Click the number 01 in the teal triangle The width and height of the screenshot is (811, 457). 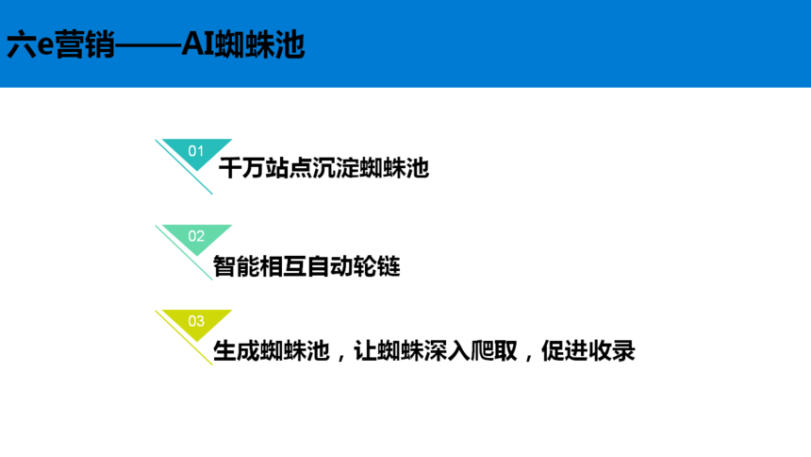pos(196,151)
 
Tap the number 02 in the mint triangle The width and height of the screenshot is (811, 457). pos(196,236)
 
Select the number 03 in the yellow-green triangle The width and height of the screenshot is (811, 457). pos(196,321)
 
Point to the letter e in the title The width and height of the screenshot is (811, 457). pos(45,45)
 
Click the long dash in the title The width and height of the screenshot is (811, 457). pos(148,45)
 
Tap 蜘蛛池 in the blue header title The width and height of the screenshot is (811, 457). pos(259,44)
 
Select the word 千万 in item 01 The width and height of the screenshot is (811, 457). pos(241,168)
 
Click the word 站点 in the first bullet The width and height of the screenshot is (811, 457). pos(288,168)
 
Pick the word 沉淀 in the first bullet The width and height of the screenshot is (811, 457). pos(335,168)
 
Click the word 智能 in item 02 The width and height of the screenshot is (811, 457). pos(237,266)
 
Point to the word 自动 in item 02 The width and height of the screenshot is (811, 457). pos(330,266)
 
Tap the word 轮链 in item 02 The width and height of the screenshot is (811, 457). pos(376,266)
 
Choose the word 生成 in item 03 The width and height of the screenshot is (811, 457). pos(237,351)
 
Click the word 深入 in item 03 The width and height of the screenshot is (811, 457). pos(447,351)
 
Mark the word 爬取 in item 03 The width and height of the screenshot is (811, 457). pos(494,351)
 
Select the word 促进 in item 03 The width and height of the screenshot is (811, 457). pos(564,351)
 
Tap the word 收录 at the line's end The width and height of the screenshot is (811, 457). pos(611,351)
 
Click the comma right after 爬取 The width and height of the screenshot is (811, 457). pos(528,358)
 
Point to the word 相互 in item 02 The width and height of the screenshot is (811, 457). pos(283,266)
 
